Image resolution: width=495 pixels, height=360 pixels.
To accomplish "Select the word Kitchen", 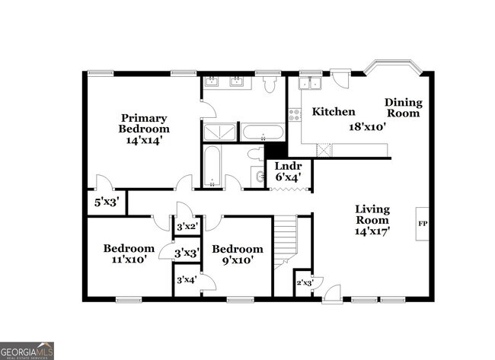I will tap(334, 112).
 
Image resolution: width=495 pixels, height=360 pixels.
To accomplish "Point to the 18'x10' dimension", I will tap(369, 128).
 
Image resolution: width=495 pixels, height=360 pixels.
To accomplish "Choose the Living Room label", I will tap(372, 215).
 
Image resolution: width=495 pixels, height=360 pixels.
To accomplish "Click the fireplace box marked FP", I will tap(423, 224).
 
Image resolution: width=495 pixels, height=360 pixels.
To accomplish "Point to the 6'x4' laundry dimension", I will tap(288, 177).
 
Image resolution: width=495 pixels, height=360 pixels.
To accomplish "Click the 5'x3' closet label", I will tap(105, 202).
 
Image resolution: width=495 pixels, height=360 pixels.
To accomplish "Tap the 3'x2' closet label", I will tap(187, 226).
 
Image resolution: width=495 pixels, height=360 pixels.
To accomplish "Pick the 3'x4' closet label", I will tap(186, 279).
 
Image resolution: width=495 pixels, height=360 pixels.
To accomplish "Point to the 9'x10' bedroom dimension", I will tap(238, 260).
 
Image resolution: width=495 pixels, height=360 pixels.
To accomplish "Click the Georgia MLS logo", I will tap(27, 350).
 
